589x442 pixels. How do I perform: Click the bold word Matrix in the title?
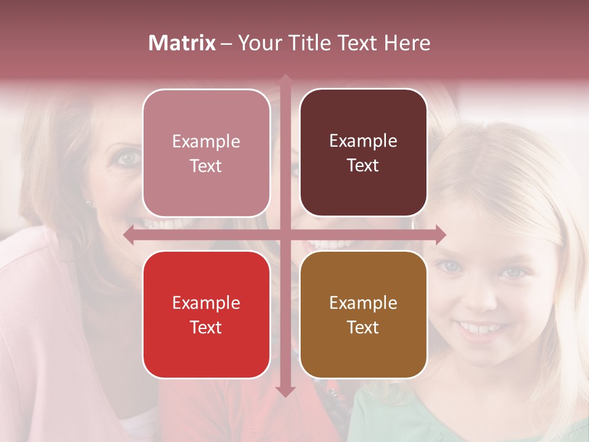182,43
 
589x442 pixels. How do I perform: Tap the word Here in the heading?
407,43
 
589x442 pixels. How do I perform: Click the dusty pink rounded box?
206,153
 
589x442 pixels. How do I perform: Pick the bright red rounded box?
206,314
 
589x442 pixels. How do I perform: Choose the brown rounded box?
363,314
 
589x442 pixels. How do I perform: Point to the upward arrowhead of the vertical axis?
285,79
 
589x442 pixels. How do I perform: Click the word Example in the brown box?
363,303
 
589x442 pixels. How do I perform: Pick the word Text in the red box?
206,327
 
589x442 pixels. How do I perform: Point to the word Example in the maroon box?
363,141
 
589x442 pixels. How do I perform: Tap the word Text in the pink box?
206,166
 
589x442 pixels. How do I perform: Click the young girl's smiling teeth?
477,328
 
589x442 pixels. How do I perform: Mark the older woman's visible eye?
129,158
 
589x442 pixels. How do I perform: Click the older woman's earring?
88,203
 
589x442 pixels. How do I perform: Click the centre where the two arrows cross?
285,235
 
